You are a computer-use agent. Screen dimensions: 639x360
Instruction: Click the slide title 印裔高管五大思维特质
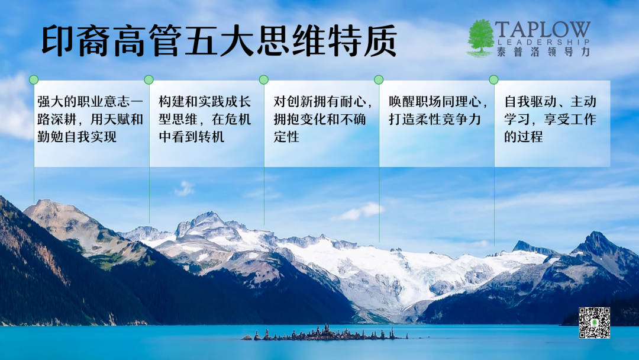point(220,41)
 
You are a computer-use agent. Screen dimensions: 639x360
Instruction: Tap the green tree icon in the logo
point(480,38)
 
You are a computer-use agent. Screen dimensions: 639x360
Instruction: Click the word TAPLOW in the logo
point(543,30)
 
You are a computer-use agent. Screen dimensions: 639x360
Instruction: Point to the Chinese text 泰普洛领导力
point(543,52)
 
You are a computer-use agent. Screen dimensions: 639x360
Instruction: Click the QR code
point(595,323)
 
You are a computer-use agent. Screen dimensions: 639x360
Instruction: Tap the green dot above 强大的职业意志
point(34,79)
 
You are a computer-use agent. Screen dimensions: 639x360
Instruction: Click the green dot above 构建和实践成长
point(149,79)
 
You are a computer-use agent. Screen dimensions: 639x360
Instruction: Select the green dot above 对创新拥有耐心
point(264,79)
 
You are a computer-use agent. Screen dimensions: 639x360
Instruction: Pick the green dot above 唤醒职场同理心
point(379,79)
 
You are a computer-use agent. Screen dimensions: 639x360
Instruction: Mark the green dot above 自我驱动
point(493,79)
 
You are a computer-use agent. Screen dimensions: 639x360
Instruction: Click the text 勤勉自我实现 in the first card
point(77,137)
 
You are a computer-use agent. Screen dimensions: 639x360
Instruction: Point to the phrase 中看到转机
point(192,137)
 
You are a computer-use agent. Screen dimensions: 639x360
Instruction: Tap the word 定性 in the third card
point(286,137)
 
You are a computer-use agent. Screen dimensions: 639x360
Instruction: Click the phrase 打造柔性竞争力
point(435,119)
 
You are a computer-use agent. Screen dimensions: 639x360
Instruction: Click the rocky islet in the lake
point(324,333)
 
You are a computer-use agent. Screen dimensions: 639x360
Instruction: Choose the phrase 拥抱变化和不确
point(319,119)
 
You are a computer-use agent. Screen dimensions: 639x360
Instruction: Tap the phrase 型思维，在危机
point(205,119)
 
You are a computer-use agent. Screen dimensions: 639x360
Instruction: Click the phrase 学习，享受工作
point(550,119)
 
